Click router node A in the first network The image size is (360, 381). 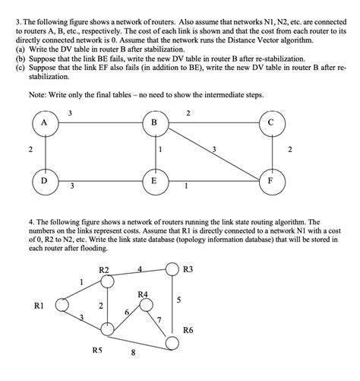tap(45, 124)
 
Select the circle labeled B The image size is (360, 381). tap(156, 124)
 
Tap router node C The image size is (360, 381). tap(272, 124)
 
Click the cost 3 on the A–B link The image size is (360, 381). tap(70, 114)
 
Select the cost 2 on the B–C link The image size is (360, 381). tap(189, 114)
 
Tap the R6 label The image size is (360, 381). tap(189, 330)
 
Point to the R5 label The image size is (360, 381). tap(97, 351)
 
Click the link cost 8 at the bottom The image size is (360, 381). tap(133, 353)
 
